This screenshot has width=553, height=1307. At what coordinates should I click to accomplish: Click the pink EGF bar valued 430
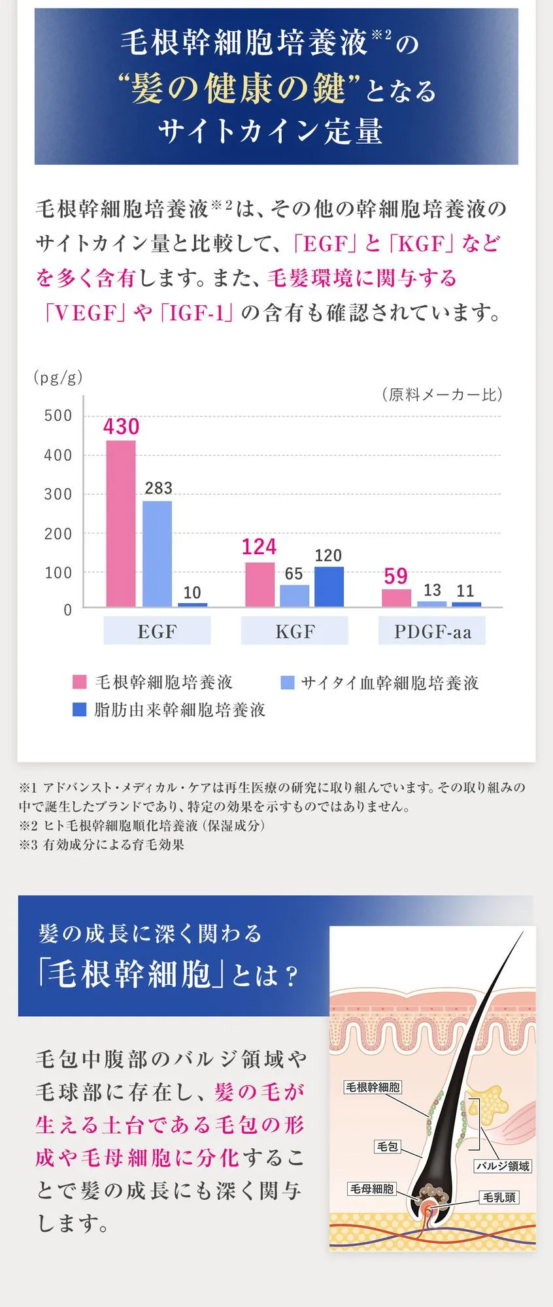click(x=121, y=523)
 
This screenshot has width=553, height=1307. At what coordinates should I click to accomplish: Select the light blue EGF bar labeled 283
click(x=157, y=554)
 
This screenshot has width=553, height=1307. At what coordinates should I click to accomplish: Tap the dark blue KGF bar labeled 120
click(x=329, y=586)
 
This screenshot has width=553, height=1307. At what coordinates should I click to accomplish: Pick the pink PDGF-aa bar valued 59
click(x=396, y=598)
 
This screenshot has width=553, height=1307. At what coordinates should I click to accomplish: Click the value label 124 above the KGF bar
click(x=259, y=547)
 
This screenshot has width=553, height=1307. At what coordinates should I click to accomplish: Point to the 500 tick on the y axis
click(x=58, y=416)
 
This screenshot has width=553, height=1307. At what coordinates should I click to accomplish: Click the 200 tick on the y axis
click(x=58, y=534)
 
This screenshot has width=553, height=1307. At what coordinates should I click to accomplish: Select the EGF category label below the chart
click(x=157, y=632)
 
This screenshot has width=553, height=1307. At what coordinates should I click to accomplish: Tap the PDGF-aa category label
click(x=432, y=632)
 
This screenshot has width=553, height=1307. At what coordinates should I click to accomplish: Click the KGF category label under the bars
click(x=295, y=632)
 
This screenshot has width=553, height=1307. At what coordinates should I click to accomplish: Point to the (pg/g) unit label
click(x=58, y=378)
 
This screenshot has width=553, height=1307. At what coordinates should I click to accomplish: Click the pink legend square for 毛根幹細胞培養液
click(x=79, y=682)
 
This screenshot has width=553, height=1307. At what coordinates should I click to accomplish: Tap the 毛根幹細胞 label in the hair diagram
click(x=373, y=1087)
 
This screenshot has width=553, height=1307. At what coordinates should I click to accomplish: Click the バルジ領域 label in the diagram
click(x=502, y=1166)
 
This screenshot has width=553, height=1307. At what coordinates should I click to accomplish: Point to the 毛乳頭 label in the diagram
click(x=499, y=1197)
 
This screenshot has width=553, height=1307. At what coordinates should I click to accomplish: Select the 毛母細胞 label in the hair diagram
click(x=372, y=1189)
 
